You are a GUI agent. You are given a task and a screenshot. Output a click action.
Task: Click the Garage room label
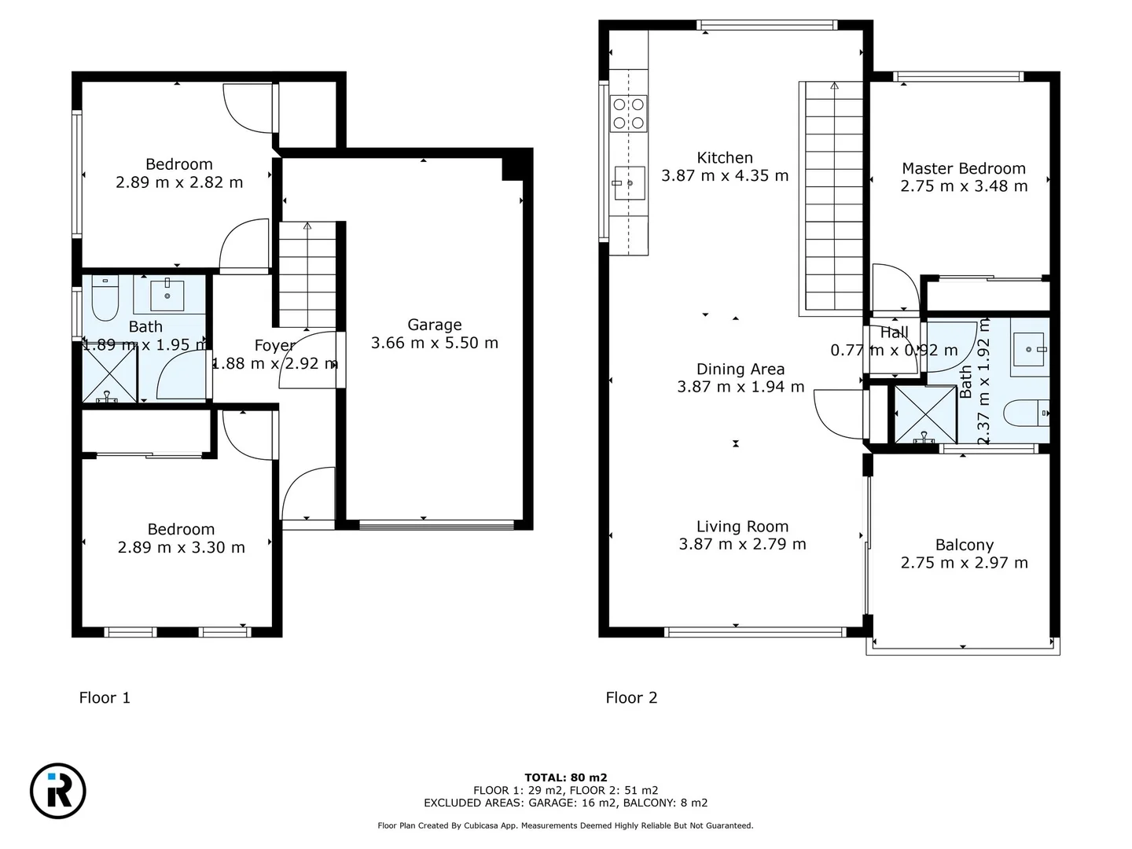point(434,325)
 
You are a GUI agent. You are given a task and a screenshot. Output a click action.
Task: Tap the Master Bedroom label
point(963,168)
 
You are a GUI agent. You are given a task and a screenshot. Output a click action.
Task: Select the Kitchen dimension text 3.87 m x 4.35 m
point(724,176)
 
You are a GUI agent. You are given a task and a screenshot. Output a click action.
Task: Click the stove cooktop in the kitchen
point(628,113)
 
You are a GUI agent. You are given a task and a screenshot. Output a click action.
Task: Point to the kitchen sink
point(629,183)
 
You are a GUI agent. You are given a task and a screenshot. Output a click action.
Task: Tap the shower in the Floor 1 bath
point(109,373)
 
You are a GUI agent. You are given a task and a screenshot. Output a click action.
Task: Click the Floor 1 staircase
point(307,274)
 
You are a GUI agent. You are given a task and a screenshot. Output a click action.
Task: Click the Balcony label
point(964,545)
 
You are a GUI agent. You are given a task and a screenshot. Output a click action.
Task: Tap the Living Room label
point(742,527)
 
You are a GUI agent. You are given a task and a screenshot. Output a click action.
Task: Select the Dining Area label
point(741,369)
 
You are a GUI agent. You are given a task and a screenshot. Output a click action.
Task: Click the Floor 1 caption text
point(105,697)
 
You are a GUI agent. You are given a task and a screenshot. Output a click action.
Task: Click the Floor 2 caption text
point(631,697)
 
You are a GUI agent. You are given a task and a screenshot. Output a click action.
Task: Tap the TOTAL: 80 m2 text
point(565,777)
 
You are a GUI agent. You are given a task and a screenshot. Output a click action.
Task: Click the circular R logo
point(58,791)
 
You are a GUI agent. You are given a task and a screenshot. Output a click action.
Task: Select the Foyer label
point(274,345)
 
